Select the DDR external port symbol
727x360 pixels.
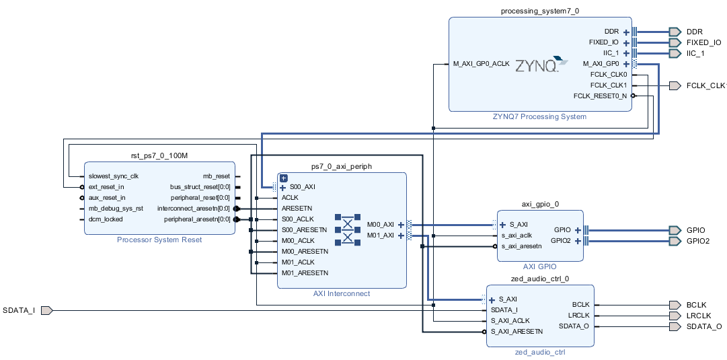[x=675, y=32]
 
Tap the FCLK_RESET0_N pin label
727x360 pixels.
[x=600, y=96]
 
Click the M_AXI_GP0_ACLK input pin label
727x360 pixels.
[x=481, y=64]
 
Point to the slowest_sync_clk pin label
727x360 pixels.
[x=113, y=176]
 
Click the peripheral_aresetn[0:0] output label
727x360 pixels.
[x=197, y=219]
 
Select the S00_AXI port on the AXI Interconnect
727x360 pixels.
[x=303, y=187]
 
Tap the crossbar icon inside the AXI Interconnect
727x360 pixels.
[x=348, y=229]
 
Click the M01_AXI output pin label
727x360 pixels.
[x=380, y=236]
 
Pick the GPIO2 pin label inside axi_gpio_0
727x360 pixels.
[x=560, y=240]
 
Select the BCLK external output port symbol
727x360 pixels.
[x=675, y=305]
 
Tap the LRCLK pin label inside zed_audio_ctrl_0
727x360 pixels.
[x=578, y=315]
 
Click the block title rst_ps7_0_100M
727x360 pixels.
[x=159, y=155]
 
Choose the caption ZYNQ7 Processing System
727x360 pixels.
[x=540, y=116]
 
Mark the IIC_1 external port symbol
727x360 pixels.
[x=675, y=53]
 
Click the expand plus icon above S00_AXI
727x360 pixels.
[x=283, y=178]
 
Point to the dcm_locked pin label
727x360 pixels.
[x=106, y=219]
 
